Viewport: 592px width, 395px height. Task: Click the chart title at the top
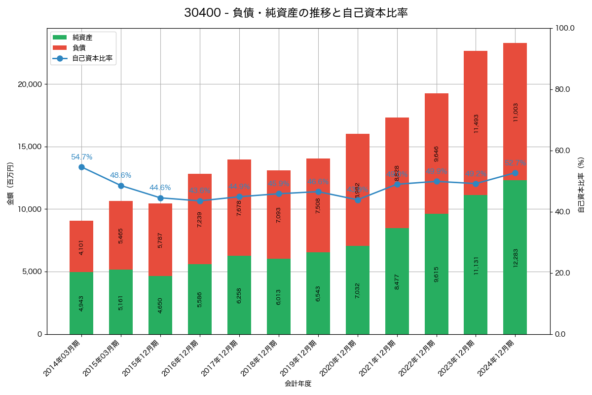point(296,13)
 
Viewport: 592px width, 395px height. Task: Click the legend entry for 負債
point(79,48)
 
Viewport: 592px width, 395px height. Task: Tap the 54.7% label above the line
point(81,157)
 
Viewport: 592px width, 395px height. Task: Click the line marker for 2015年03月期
point(121,186)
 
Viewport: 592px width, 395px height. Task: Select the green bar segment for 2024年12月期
point(515,257)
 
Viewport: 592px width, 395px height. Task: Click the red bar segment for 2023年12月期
point(476,123)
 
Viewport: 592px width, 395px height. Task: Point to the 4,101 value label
point(81,246)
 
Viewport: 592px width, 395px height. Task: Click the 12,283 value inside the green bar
point(515,257)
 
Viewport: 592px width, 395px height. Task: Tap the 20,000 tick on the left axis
point(30,84)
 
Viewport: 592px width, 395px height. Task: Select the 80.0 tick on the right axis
point(562,89)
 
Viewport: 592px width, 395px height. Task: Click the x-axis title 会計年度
point(298,383)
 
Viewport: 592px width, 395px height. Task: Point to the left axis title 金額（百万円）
point(10,184)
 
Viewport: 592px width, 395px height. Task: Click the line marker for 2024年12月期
point(515,173)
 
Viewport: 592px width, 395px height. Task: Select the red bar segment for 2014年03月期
point(81,246)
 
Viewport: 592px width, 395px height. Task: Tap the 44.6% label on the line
point(160,188)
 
